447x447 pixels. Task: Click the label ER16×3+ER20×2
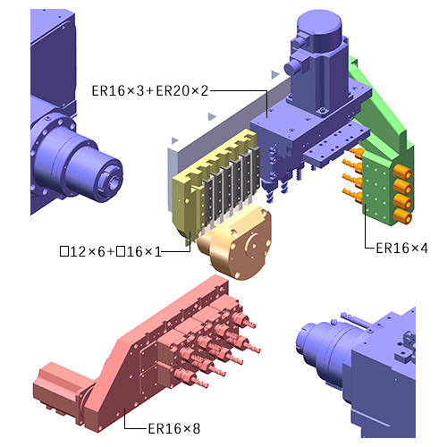pos(150,90)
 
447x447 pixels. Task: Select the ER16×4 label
pos(401,248)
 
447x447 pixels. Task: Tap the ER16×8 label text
pos(174,429)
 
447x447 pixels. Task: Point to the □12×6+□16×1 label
pos(111,252)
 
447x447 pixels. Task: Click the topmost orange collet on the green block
pos(402,173)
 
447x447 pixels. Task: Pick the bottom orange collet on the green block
pos(403,216)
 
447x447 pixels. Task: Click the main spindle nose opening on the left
pos(114,181)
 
